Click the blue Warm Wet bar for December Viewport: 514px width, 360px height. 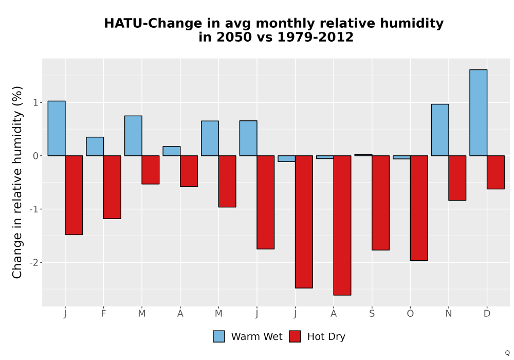[478, 113]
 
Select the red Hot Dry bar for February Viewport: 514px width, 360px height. [112, 187]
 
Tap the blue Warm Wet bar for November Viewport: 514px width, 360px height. [440, 130]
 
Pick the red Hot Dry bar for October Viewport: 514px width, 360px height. [419, 208]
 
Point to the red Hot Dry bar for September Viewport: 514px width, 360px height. [380, 203]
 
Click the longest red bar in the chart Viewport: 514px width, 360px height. [342, 226]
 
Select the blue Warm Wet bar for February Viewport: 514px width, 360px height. [95, 147]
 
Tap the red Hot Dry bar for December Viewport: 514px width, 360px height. [495, 172]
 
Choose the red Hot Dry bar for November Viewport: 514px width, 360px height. [457, 178]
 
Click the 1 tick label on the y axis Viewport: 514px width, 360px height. [36, 103]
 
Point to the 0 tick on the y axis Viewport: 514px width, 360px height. [36, 156]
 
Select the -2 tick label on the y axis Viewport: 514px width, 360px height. [34, 263]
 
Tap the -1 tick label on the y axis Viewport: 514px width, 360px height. [34, 209]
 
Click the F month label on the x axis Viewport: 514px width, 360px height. [104, 314]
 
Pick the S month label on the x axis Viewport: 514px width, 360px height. [372, 314]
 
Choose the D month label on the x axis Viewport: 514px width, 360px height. [487, 314]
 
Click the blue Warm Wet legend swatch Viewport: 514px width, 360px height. [219, 336]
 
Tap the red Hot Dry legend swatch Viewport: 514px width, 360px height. [295, 336]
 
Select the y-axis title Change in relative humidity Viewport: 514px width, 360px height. [17, 182]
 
